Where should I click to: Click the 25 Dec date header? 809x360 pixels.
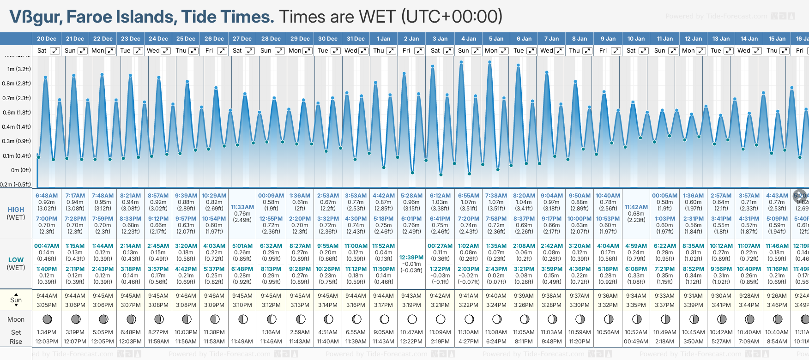(x=186, y=39)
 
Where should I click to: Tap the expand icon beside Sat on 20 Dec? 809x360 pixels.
(x=54, y=51)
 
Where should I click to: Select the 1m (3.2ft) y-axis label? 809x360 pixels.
(x=19, y=69)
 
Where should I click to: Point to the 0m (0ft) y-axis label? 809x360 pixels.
(x=21, y=170)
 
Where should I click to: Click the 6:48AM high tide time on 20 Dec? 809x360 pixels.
(x=47, y=196)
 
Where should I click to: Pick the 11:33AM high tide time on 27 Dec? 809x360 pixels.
(x=242, y=207)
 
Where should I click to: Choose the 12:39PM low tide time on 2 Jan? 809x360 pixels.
(x=411, y=258)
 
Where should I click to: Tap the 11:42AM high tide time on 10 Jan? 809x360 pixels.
(x=636, y=207)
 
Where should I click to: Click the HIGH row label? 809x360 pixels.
(x=16, y=210)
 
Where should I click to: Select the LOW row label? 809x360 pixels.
(x=16, y=260)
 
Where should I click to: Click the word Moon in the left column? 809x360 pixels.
(x=16, y=319)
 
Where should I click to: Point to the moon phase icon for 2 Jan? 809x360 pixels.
(x=412, y=319)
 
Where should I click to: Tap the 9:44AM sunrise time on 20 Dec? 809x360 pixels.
(x=47, y=296)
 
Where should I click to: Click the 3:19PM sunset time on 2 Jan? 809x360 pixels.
(x=411, y=305)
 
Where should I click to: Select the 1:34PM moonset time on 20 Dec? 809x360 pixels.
(x=47, y=332)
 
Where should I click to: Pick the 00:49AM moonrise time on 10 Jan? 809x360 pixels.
(x=636, y=342)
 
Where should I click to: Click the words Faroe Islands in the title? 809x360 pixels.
(x=121, y=17)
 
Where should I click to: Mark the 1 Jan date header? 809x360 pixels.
(x=383, y=39)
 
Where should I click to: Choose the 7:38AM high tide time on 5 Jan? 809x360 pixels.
(x=496, y=196)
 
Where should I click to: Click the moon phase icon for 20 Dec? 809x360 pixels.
(x=47, y=319)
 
